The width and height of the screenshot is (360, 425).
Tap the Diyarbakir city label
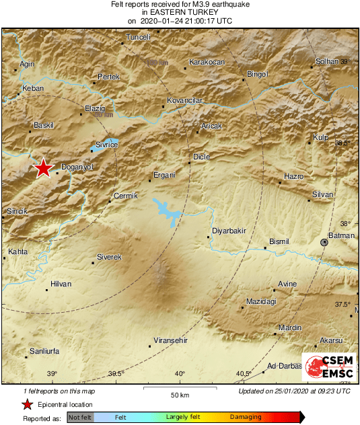229,231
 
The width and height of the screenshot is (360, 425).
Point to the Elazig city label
95,108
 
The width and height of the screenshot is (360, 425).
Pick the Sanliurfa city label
46,351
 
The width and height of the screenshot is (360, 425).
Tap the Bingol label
258,74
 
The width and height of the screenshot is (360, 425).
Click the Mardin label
290,327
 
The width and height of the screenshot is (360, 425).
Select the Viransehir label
169,341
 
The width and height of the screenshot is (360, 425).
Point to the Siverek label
109,257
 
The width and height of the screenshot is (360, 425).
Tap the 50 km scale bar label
178,394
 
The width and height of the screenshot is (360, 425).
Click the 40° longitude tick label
180,374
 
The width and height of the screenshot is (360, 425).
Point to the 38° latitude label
345,224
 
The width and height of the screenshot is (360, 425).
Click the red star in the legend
27,404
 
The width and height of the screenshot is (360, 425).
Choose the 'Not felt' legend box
80,417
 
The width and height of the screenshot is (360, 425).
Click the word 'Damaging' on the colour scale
246,417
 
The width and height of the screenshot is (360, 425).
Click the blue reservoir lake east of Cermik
167,210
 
